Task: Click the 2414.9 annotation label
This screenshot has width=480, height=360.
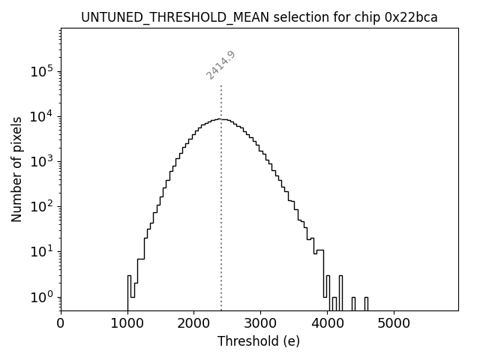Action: point(220,64)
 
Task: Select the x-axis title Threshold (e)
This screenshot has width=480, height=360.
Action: point(259,341)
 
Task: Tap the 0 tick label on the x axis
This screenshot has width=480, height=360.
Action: point(61,323)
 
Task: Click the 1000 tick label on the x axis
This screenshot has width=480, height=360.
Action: point(127,323)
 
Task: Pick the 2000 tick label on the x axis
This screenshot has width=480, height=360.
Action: point(193,323)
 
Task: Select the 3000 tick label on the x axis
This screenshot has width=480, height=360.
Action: point(260,323)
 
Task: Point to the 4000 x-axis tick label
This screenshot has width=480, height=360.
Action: point(326,323)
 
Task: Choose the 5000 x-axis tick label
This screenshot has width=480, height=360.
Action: point(393,323)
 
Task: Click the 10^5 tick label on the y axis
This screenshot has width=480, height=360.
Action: point(40,71)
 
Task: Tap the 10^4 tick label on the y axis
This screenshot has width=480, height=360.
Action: point(40,116)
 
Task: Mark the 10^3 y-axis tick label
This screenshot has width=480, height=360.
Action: point(40,161)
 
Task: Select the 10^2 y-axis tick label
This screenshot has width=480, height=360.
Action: point(40,206)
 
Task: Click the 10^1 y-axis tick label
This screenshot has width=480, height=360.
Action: point(40,251)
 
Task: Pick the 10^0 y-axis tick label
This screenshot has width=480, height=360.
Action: point(40,296)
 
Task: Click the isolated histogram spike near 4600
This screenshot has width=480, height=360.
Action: point(366,303)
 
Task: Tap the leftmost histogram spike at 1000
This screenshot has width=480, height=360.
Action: point(129,292)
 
